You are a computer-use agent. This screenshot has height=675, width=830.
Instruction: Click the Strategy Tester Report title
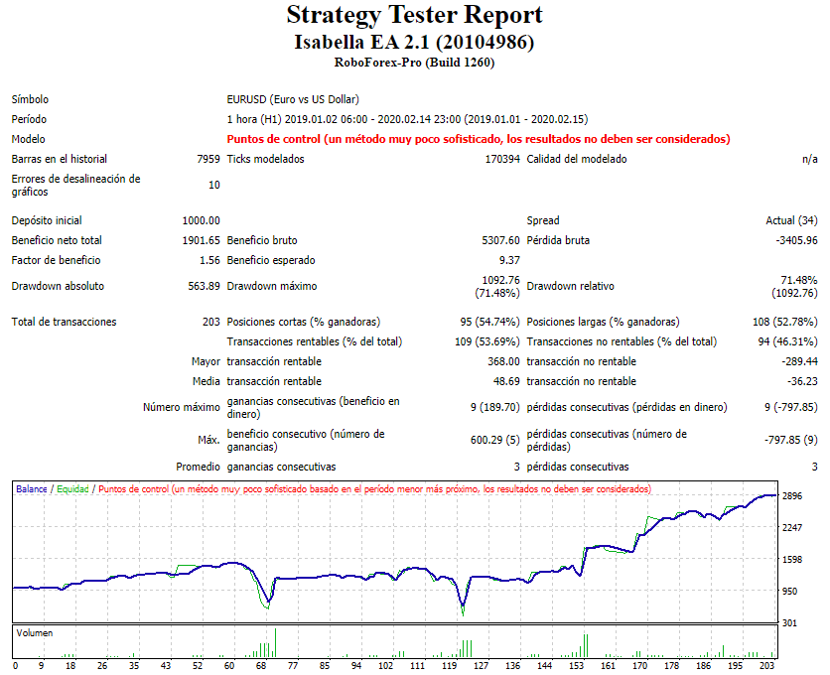coord(414,16)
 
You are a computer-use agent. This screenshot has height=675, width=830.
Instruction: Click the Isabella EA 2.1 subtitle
coord(414,42)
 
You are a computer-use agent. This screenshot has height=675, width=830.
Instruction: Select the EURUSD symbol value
coord(293,99)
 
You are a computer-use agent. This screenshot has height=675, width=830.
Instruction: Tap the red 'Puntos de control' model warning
coord(479,139)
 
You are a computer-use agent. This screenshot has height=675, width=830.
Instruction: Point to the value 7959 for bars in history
coord(208,159)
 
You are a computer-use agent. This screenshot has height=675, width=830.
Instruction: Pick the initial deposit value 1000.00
coord(202,220)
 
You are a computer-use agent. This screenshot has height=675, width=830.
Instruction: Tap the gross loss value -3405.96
coord(797,240)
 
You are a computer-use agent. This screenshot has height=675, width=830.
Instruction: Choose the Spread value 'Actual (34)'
coord(793,220)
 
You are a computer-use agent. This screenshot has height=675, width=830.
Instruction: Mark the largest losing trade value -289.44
coord(799,361)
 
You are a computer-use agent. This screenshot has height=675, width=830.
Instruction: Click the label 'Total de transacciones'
coord(64,322)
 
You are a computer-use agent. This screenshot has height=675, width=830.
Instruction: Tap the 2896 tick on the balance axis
coord(792,496)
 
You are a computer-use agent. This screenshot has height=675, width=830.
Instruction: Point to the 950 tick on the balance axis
coord(789,592)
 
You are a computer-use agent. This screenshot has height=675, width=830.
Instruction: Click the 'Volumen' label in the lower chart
coord(35,632)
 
